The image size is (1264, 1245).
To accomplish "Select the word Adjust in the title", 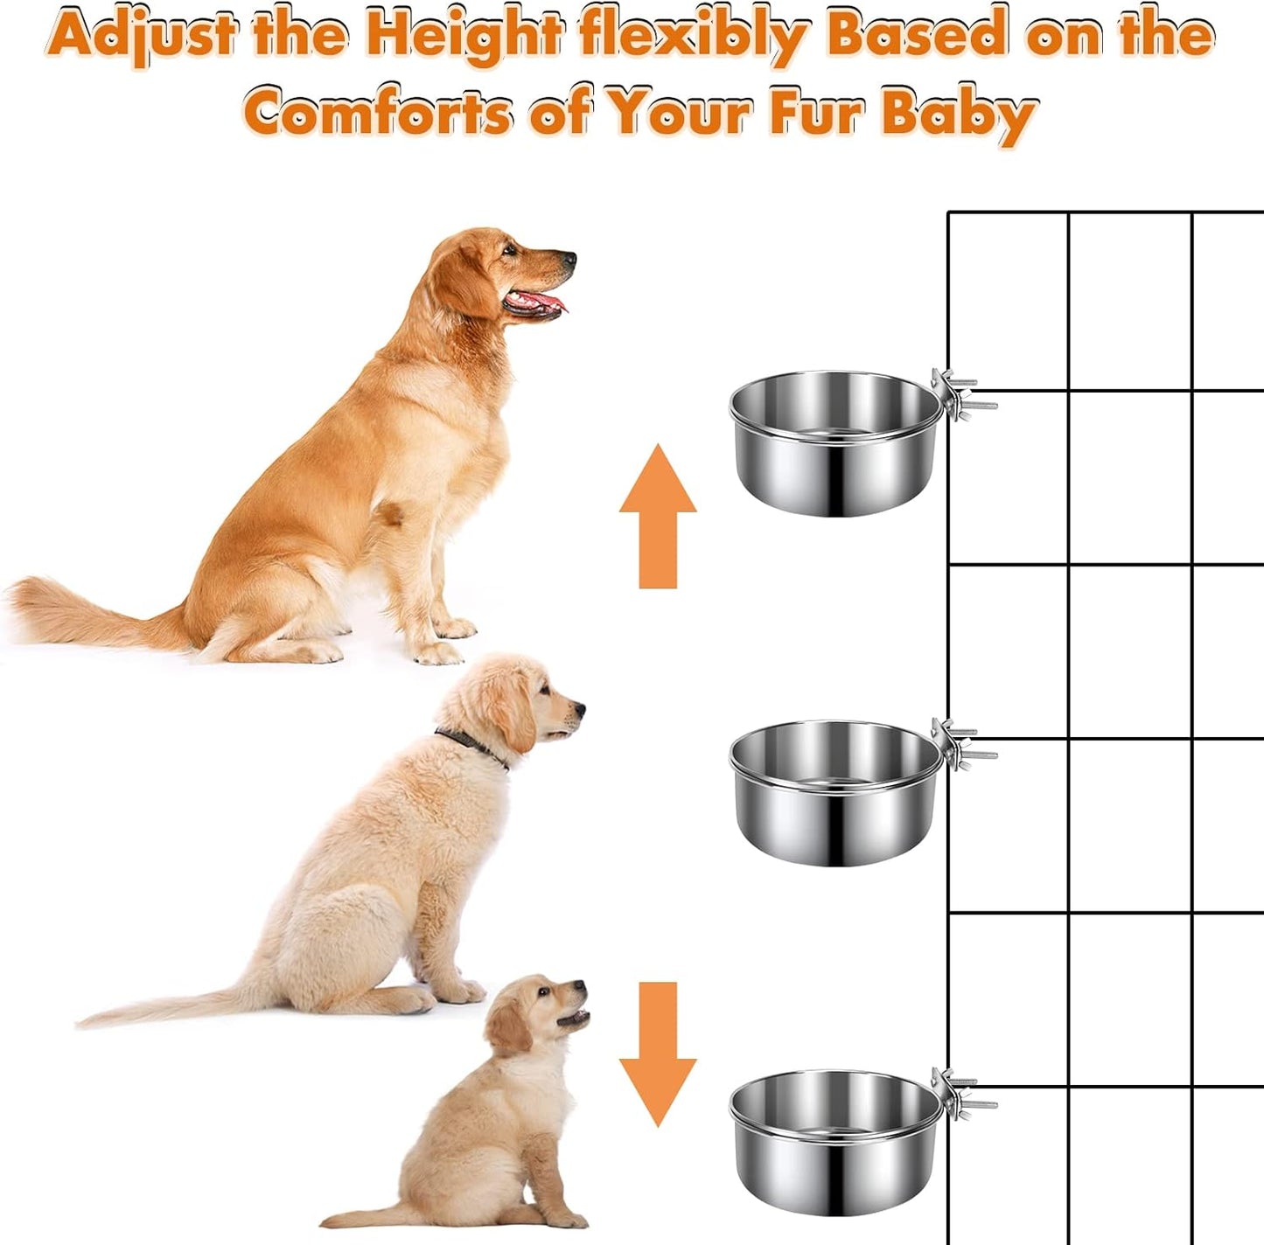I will point(141,36).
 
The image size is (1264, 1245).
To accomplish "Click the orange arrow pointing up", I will point(658,516).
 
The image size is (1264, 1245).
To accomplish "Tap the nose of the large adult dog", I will point(569,258).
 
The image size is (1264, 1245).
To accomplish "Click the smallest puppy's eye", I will point(544,991).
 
